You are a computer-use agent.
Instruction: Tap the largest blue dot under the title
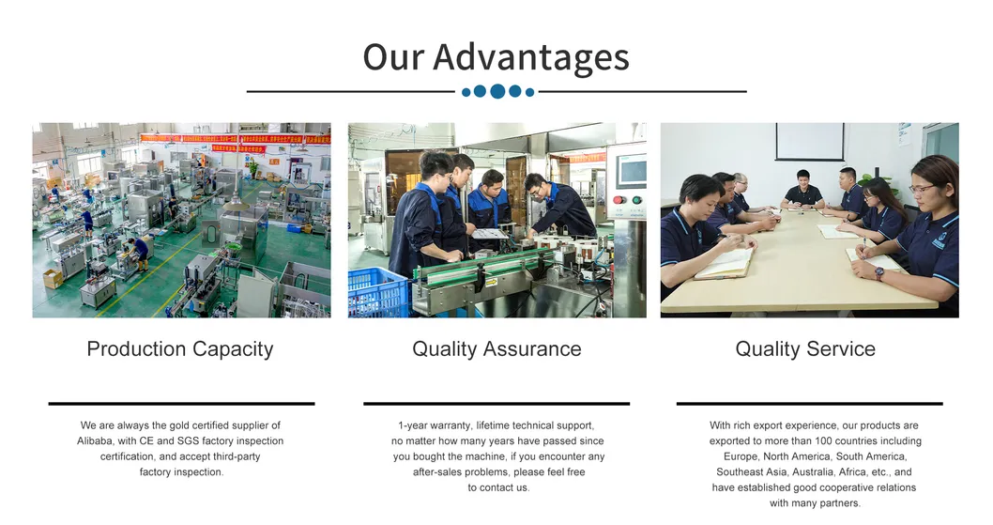click(x=497, y=91)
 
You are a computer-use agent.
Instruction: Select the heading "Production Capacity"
click(x=180, y=349)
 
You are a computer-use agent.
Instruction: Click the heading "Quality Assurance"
click(x=496, y=349)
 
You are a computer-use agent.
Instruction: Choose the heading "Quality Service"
click(x=805, y=349)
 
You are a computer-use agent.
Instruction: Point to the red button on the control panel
click(x=618, y=200)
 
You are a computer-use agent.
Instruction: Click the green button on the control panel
click(x=635, y=200)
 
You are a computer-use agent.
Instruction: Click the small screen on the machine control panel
click(x=631, y=170)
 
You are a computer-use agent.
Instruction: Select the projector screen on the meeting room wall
click(x=809, y=142)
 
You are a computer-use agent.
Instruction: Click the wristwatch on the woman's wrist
click(x=878, y=274)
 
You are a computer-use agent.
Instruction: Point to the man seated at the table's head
click(x=803, y=191)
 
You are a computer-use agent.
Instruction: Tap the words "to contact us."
click(x=498, y=487)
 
